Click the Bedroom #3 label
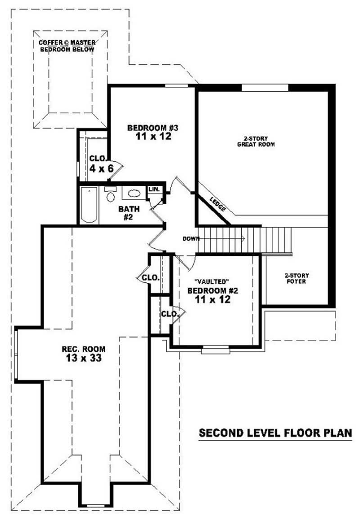150,127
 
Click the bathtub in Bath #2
89,205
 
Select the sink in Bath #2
134,194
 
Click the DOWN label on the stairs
191,239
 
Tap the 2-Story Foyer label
296,278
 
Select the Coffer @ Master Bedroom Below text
67,46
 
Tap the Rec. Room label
84,349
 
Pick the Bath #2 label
129,212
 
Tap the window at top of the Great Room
265,86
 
